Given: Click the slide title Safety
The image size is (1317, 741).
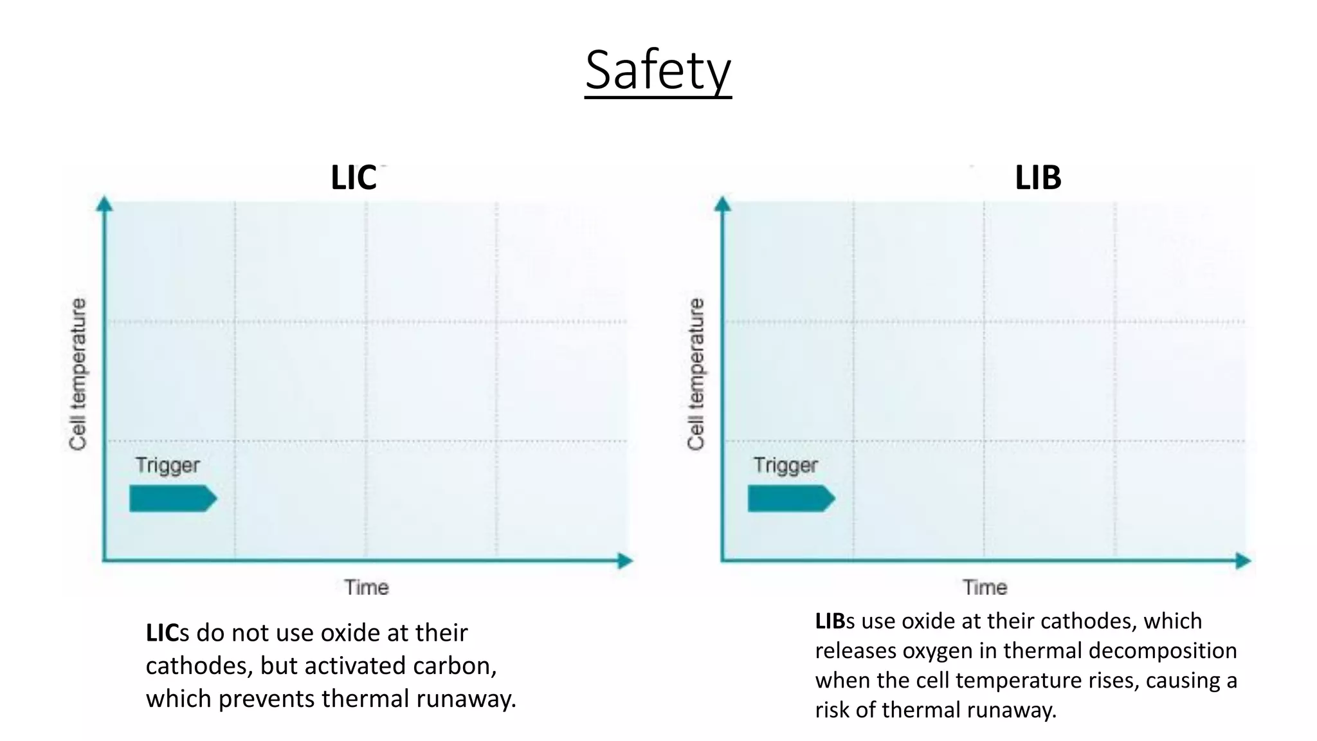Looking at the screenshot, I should point(658,70).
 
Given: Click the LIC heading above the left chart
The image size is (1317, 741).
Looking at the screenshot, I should point(353,178).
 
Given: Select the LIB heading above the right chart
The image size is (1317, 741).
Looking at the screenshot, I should point(1038,178).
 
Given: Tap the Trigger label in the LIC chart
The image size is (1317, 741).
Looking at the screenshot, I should point(167,465).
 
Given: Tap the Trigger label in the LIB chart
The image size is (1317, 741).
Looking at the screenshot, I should point(785,465).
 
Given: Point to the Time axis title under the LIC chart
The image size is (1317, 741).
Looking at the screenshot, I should point(366,587).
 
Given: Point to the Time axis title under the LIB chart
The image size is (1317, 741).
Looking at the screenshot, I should point(985,587).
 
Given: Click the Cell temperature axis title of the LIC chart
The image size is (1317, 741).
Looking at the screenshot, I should point(78,374).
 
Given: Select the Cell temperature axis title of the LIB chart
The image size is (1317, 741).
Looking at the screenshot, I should point(696,374).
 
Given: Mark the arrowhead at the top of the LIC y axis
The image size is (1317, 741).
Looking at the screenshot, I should point(104,204).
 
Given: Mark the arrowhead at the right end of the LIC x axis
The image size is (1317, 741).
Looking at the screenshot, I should point(625,561).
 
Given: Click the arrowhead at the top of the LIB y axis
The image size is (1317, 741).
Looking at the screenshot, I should point(723,204).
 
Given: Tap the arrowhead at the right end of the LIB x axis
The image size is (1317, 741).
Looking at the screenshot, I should point(1243,561).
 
